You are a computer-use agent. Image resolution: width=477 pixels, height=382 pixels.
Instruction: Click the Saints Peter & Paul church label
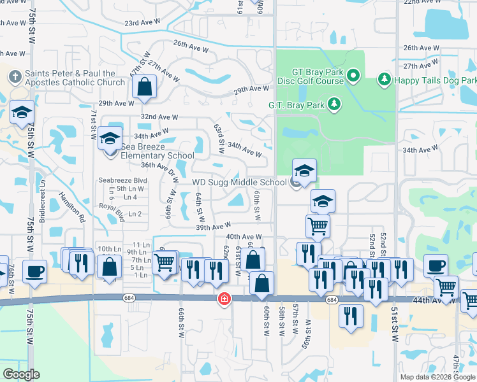75,78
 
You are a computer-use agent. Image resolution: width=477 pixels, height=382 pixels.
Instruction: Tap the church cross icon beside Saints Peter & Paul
15,77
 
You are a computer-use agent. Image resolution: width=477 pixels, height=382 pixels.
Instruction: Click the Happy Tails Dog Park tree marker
385,80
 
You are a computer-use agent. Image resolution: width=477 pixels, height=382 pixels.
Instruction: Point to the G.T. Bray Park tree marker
334,104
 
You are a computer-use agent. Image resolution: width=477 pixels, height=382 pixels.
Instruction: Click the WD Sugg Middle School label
239,183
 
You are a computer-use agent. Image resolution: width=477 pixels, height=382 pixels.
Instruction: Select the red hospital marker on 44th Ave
224,298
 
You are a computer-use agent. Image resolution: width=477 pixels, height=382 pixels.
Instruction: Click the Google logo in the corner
21,374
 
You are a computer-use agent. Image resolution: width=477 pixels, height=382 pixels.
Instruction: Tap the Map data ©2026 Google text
437,377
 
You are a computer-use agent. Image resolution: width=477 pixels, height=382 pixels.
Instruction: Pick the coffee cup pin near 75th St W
34,271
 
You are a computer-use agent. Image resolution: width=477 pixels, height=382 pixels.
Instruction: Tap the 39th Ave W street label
213,227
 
